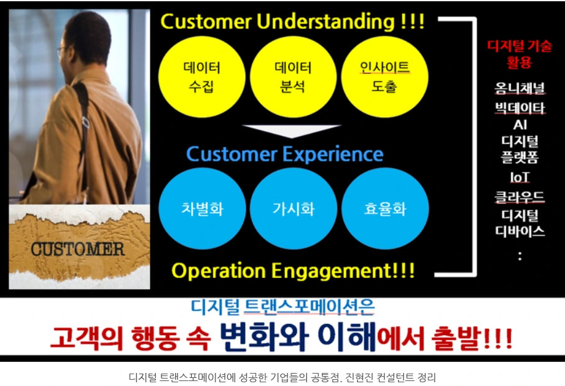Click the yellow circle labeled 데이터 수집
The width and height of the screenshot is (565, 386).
202,76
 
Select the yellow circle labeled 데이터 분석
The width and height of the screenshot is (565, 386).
292,76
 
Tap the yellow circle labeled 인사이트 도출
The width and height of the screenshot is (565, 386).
384,76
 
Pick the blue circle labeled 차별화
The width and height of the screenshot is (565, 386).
202,209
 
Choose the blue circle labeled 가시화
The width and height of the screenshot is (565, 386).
293,209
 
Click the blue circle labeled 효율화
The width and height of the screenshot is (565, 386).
385,209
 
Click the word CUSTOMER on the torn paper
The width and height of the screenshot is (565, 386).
78,249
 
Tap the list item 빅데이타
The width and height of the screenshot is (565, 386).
520,108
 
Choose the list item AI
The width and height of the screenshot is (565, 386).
520,125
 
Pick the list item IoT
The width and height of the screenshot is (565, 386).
520,177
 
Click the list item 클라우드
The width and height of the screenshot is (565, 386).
520,197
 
